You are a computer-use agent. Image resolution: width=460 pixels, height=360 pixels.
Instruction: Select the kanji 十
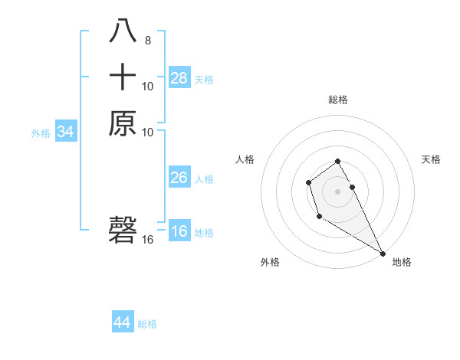click(x=123, y=77)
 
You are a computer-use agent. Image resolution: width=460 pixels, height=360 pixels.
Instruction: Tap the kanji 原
click(x=123, y=123)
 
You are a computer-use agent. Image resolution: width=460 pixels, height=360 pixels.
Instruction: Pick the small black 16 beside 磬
click(x=148, y=240)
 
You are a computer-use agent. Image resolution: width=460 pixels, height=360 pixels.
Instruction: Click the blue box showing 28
click(x=179, y=77)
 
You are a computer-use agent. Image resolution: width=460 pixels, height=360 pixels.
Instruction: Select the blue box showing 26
click(x=179, y=178)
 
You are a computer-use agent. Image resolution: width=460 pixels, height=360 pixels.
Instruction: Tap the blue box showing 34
click(x=66, y=132)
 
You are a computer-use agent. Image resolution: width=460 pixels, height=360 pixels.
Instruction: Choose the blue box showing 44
click(x=123, y=322)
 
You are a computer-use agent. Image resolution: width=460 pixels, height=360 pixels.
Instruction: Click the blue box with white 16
click(x=179, y=231)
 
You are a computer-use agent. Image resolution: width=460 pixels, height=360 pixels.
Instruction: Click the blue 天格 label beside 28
click(x=204, y=79)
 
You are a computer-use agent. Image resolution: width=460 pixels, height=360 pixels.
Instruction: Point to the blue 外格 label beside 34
click(x=41, y=133)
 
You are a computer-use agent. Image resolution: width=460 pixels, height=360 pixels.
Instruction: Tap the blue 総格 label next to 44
click(x=147, y=324)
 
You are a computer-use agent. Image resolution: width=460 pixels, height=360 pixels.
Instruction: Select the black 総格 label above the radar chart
click(x=338, y=100)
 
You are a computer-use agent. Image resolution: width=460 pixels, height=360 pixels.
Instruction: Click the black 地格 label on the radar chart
click(x=402, y=262)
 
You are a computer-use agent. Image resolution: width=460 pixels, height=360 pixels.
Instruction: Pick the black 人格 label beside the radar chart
click(x=245, y=159)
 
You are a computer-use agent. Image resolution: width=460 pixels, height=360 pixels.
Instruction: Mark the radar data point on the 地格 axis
click(x=383, y=254)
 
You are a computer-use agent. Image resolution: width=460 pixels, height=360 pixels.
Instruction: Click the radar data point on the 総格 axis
click(x=337, y=161)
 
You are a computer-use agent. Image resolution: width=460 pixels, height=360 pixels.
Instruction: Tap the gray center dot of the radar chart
click(x=337, y=190)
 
